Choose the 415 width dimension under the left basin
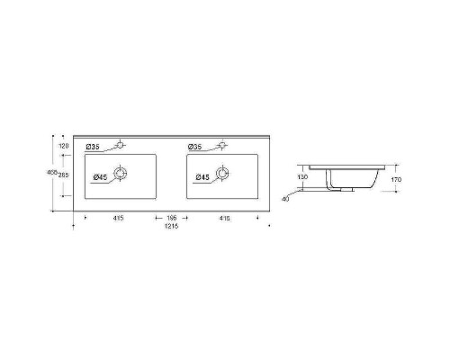pyautogui.click(x=119, y=218)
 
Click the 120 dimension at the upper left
pyautogui.click(x=64, y=145)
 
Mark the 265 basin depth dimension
pyautogui.click(x=64, y=175)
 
